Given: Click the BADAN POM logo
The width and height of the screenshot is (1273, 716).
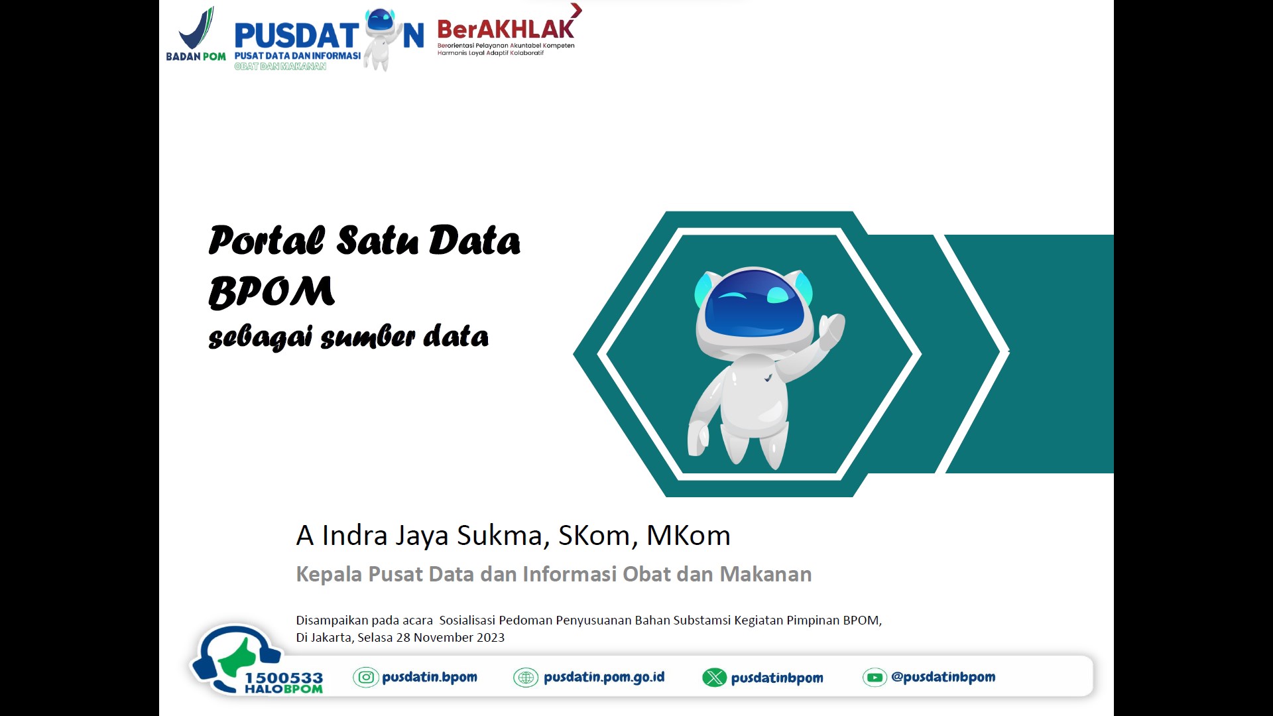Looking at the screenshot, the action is [x=196, y=34].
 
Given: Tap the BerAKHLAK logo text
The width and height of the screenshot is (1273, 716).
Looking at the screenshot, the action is [x=506, y=29].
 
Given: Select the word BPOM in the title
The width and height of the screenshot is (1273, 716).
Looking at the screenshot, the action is [x=272, y=292].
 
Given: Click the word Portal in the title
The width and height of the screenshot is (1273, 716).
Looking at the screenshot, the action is [x=267, y=240].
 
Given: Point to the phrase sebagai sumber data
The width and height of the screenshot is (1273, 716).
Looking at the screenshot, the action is [x=349, y=337].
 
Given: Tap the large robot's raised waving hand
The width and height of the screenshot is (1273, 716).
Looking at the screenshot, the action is [x=832, y=331].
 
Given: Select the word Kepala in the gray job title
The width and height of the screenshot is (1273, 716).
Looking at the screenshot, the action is [x=329, y=574].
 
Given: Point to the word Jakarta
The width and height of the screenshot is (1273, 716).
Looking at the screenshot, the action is [x=331, y=638].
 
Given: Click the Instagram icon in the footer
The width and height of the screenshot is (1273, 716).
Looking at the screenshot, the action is [x=366, y=677].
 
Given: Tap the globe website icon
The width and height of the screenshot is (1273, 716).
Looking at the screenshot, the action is [x=526, y=678].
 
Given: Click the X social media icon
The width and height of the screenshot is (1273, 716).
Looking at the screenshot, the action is [x=715, y=678].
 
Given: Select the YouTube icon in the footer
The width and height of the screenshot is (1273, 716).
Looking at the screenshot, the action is [x=875, y=678].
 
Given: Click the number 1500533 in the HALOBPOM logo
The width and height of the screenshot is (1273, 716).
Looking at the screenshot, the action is [x=284, y=678].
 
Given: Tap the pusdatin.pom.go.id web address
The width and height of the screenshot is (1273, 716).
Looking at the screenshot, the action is [x=604, y=677].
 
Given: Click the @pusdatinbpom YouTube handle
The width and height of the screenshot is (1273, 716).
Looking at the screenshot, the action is [x=943, y=677].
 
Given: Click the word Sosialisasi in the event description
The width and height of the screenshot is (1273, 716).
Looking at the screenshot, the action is [x=467, y=621].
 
